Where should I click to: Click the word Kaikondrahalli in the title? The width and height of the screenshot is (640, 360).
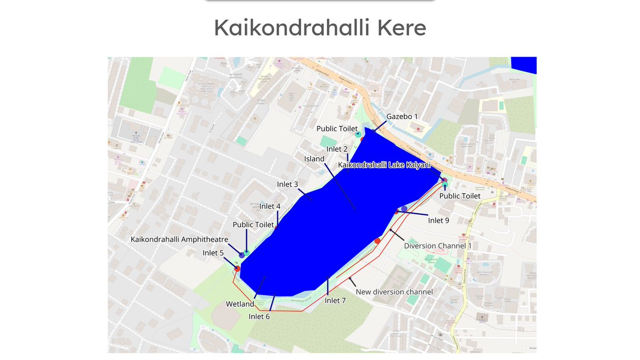291,28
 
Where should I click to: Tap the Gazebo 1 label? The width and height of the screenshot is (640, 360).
402,116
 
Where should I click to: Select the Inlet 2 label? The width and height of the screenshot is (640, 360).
337,149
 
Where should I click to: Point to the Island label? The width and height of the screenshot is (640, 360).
314,159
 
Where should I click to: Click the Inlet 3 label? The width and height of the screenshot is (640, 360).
287,185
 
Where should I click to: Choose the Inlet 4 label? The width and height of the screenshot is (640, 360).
270,206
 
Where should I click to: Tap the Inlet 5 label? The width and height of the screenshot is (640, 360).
213,253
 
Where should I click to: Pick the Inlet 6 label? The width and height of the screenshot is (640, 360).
259,316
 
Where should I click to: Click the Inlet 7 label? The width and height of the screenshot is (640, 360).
335,301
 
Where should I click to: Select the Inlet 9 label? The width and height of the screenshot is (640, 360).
439,220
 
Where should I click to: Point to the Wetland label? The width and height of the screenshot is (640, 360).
240,304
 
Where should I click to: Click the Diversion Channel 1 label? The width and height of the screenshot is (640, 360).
438,246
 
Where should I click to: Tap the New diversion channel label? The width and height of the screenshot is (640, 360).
394,292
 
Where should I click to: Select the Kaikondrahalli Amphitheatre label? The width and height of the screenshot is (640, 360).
179,239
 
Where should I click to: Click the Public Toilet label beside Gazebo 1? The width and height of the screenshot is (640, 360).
337,129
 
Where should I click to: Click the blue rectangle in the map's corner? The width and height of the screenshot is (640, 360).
524,65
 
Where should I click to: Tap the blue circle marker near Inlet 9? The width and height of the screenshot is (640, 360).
404,209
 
